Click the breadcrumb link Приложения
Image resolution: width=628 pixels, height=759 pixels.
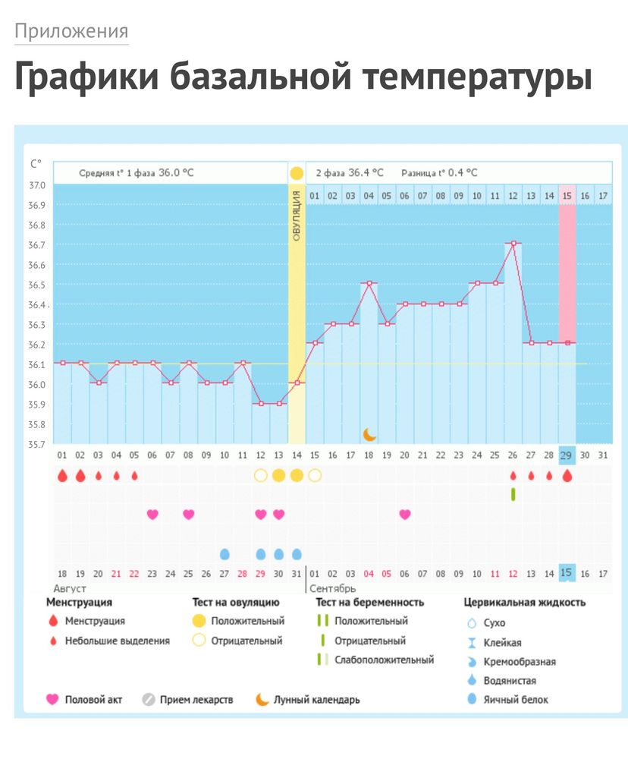point(71,31)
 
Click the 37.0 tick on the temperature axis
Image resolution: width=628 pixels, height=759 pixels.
point(37,185)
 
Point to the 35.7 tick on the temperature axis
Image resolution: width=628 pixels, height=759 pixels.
point(37,444)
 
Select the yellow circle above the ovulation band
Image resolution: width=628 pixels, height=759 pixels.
point(297,173)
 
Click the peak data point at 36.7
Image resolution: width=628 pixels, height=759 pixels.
point(513,244)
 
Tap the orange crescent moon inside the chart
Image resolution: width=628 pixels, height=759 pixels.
point(369,434)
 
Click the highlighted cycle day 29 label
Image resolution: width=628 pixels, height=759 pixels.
point(567,455)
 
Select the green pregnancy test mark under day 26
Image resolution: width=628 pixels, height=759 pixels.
point(513,494)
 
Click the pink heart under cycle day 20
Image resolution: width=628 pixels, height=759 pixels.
point(405,514)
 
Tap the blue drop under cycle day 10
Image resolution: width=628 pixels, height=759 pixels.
point(225,554)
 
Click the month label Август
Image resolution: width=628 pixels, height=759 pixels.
point(70,588)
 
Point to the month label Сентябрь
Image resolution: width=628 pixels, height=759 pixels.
point(334,588)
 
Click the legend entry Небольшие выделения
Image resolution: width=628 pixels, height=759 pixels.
point(118,641)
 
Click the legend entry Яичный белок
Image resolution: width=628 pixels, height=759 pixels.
point(516,699)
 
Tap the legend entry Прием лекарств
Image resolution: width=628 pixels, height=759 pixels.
point(196,699)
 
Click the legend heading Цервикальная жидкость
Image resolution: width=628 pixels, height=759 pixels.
point(524,603)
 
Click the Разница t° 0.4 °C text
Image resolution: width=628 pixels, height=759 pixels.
point(439,173)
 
